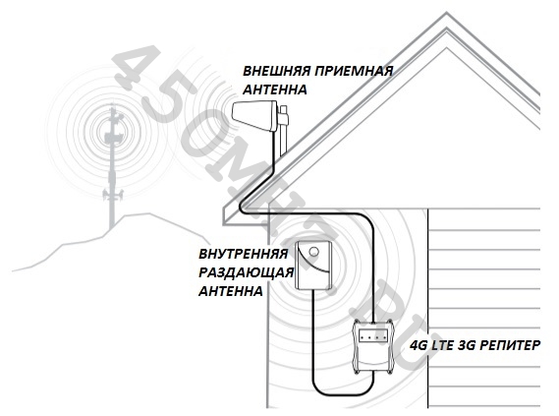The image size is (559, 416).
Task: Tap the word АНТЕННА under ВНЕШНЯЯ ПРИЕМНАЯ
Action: [274, 89]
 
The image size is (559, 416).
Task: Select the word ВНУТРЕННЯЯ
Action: [243, 255]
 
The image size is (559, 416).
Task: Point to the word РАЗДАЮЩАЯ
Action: [246, 273]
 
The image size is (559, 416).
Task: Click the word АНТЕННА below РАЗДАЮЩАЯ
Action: [231, 291]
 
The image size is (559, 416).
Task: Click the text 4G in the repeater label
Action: [419, 346]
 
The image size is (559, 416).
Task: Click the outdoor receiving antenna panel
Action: [254, 116]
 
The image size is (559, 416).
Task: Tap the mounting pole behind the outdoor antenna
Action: [283, 131]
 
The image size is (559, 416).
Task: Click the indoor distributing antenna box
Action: [314, 266]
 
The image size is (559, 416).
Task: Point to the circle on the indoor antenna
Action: [313, 252]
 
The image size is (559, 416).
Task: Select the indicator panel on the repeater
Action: [373, 336]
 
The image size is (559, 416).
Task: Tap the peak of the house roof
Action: [446, 14]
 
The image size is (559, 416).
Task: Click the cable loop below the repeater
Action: [342, 394]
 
